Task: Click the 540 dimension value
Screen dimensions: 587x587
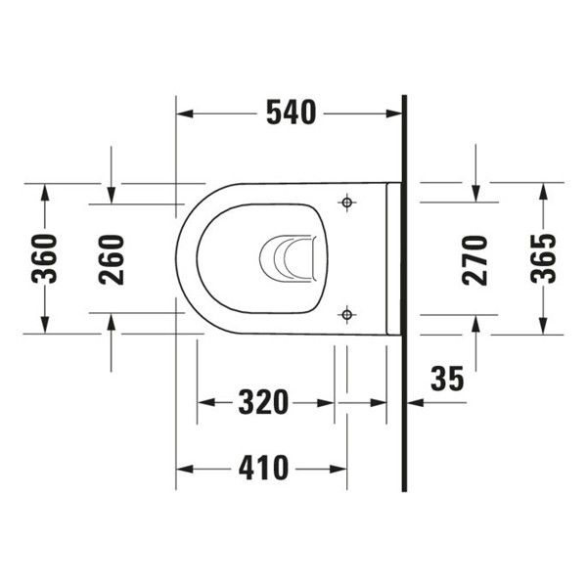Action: (292, 113)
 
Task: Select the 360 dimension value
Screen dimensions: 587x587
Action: (44, 258)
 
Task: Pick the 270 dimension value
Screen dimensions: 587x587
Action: (475, 258)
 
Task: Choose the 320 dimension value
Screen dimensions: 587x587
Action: (263, 402)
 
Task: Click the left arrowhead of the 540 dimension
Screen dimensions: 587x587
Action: (183, 114)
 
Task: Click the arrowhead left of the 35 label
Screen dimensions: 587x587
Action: (412, 402)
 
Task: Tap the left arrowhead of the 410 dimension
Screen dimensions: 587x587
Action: (183, 470)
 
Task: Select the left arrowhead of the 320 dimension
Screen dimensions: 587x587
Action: (203, 402)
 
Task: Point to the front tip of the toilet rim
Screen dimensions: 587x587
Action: (177, 259)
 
